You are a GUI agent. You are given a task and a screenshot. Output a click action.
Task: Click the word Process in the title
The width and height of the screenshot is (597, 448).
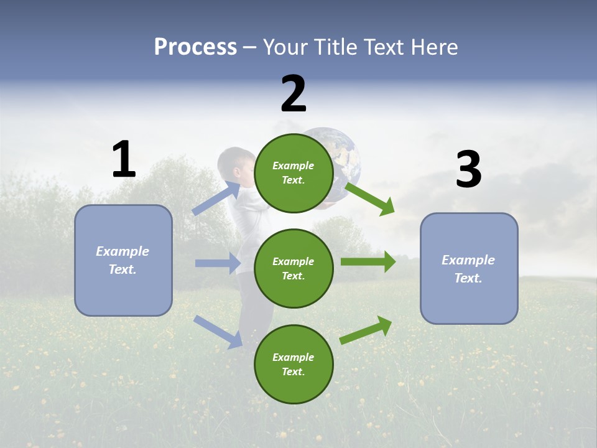(x=195, y=47)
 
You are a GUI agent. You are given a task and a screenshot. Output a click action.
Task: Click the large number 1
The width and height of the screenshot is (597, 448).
(x=124, y=159)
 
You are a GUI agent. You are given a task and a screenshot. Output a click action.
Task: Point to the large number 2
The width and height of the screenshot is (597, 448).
(x=294, y=93)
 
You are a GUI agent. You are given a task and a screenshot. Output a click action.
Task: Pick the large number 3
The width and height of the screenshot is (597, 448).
(x=468, y=170)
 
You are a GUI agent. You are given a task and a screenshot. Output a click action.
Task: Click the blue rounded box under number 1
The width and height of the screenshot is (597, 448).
(x=123, y=260)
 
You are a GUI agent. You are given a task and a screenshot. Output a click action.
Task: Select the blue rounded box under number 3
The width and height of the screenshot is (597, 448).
(x=469, y=269)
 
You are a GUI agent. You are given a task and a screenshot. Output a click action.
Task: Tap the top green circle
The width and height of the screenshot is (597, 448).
(x=294, y=173)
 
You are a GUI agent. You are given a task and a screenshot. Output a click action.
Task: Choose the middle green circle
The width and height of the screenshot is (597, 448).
(x=294, y=269)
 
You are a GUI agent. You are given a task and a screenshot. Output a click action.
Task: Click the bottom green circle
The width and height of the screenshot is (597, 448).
(x=294, y=365)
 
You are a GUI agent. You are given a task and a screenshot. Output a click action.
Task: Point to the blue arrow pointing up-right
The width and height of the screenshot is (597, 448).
(x=217, y=198)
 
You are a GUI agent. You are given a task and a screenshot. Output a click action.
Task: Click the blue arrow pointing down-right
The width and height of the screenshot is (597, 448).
(x=218, y=332)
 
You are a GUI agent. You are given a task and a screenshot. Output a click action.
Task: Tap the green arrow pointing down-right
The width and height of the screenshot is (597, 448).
(x=369, y=198)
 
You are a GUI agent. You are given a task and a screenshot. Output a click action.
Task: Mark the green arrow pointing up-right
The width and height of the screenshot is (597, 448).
(x=366, y=330)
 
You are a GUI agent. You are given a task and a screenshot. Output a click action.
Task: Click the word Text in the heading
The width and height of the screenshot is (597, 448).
(x=384, y=47)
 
